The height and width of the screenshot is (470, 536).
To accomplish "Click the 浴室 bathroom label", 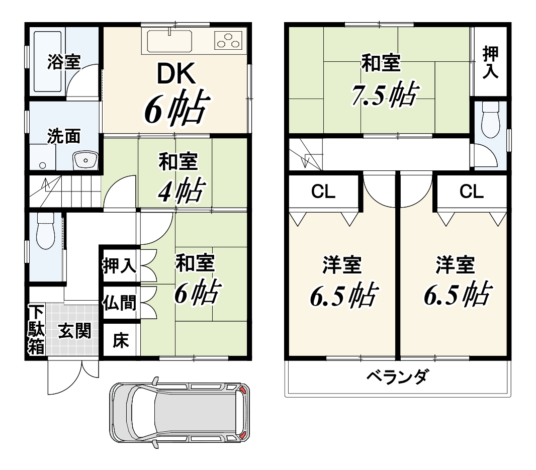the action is pyautogui.click(x=63, y=62).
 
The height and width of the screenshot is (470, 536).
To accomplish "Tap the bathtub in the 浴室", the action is pyautogui.click(x=47, y=62).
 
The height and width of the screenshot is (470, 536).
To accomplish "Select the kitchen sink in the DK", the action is pyautogui.click(x=169, y=41).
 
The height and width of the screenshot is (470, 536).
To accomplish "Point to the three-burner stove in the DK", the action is pyautogui.click(x=228, y=40).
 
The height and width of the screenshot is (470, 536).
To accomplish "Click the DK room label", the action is pyautogui.click(x=176, y=73).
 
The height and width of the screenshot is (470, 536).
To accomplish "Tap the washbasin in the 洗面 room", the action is pyautogui.click(x=85, y=160).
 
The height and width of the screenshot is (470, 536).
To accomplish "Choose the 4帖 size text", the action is pyautogui.click(x=182, y=190).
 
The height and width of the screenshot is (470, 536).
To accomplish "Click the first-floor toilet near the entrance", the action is pyautogui.click(x=45, y=230).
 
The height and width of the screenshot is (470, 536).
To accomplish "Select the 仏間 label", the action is pyautogui.click(x=120, y=303).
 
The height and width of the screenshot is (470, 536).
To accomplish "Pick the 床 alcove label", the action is pyautogui.click(x=121, y=340).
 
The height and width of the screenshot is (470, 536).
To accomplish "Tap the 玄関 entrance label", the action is pyautogui.click(x=75, y=331).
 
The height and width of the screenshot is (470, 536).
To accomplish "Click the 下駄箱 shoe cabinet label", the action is pyautogui.click(x=36, y=330).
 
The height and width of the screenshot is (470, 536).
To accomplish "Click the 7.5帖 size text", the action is pyautogui.click(x=384, y=95).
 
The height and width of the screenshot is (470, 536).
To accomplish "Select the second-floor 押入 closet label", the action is pyautogui.click(x=490, y=62).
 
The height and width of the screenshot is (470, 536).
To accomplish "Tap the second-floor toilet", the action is pyautogui.click(x=491, y=120).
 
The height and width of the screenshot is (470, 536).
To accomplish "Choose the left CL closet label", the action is pyautogui.click(x=323, y=192).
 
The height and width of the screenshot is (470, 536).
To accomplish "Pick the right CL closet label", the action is pyautogui.click(x=472, y=192).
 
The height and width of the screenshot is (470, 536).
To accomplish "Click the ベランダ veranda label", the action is pyautogui.click(x=397, y=377).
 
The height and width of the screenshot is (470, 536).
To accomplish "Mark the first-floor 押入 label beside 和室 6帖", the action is pyautogui.click(x=120, y=265).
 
